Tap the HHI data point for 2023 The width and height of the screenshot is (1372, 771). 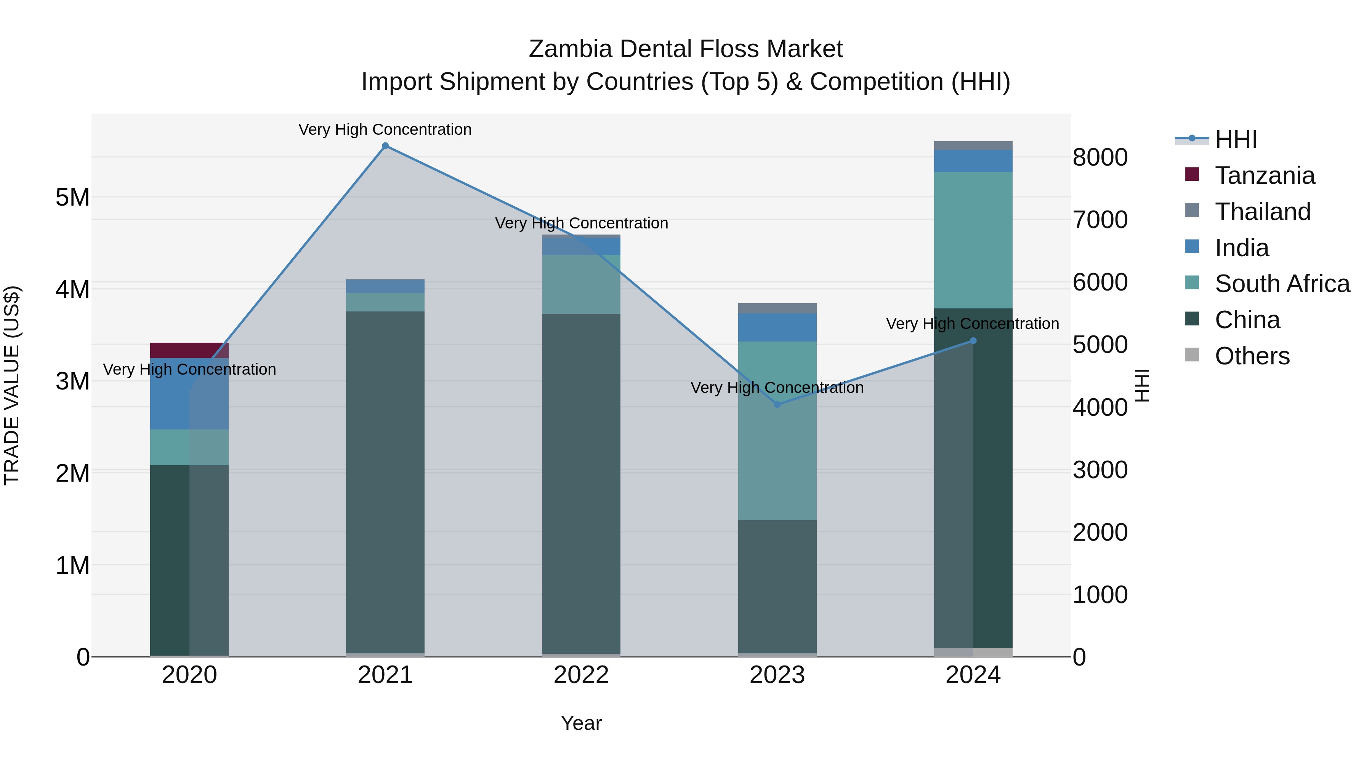[x=777, y=404]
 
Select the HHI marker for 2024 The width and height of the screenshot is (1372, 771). [x=973, y=340]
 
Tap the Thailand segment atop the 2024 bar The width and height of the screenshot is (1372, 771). [x=973, y=146]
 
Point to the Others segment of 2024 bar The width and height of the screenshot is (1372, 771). [x=973, y=652]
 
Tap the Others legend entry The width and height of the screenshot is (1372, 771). [x=1252, y=356]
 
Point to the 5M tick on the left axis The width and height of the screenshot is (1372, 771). [x=72, y=197]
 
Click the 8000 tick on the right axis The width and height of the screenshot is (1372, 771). [x=1100, y=158]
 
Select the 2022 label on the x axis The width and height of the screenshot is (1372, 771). [x=581, y=675]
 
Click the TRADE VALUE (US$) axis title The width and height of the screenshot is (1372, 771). [x=12, y=385]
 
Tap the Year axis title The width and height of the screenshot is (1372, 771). [x=581, y=723]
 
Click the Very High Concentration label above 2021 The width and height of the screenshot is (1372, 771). [x=385, y=129]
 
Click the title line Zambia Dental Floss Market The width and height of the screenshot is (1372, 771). [x=686, y=49]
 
